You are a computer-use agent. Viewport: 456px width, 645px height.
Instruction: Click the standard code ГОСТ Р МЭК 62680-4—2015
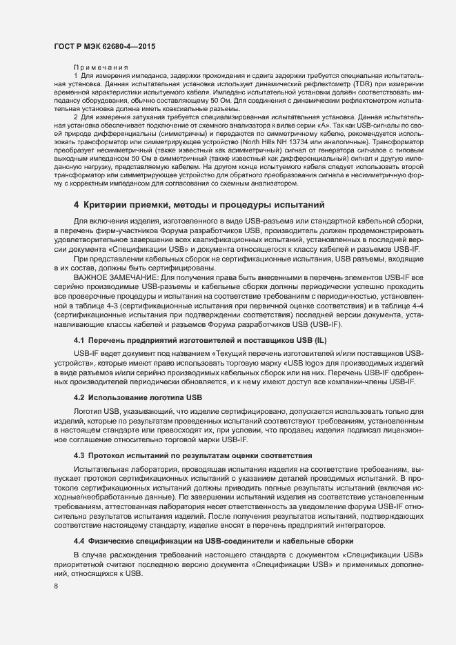[x=104, y=46]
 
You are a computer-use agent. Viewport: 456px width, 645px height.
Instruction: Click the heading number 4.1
[x=79, y=341]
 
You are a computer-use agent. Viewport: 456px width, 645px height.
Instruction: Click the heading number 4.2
[x=79, y=397]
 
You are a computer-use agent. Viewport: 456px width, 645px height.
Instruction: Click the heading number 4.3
[x=79, y=455]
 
